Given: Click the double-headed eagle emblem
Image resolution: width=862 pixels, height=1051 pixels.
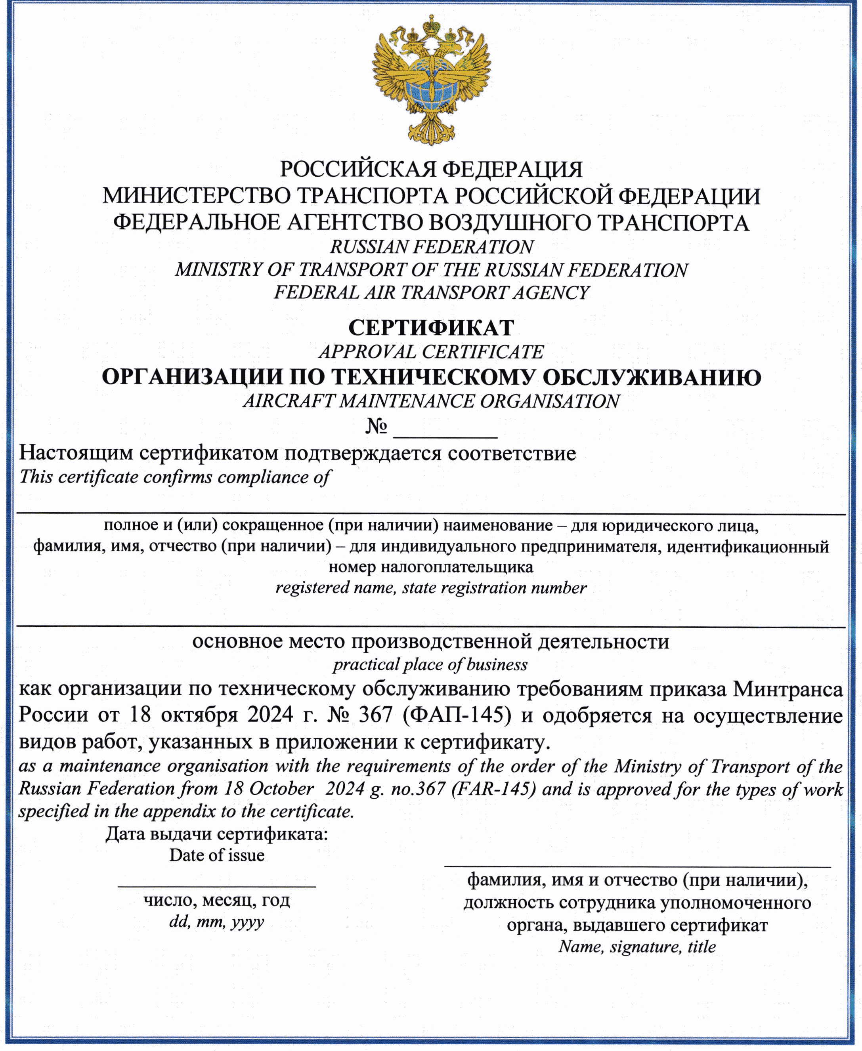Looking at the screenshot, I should point(431,79).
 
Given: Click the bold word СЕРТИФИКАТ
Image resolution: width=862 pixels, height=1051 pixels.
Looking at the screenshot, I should point(431,328).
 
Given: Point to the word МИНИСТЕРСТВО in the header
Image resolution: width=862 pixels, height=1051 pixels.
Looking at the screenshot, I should point(197,196).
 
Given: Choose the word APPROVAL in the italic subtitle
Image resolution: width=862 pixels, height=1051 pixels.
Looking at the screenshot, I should point(367,352).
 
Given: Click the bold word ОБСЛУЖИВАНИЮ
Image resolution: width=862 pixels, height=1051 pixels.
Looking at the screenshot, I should point(652,378).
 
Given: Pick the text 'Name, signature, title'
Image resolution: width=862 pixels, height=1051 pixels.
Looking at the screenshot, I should point(637,946).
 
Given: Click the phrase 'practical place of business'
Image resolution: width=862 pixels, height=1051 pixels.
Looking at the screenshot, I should point(430,664).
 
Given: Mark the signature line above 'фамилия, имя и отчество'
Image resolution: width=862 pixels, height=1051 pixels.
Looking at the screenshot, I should point(637,866).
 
